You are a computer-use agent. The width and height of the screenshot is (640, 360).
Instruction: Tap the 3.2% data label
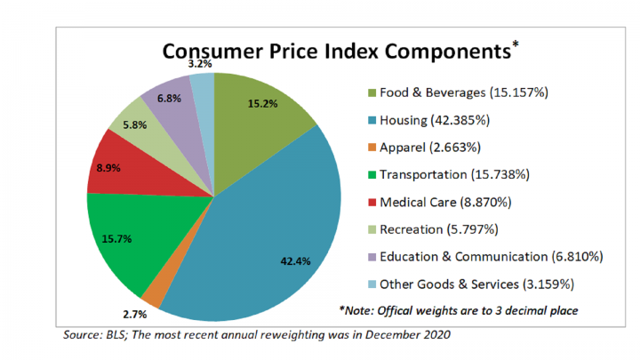point(199,63)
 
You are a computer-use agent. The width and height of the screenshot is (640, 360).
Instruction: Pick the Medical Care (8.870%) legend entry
point(450,202)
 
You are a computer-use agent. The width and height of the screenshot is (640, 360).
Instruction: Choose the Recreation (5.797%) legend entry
point(444,229)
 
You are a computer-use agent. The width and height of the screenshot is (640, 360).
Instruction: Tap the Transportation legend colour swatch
point(371,174)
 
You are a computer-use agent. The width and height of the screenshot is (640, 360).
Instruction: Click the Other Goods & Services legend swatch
point(371,285)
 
